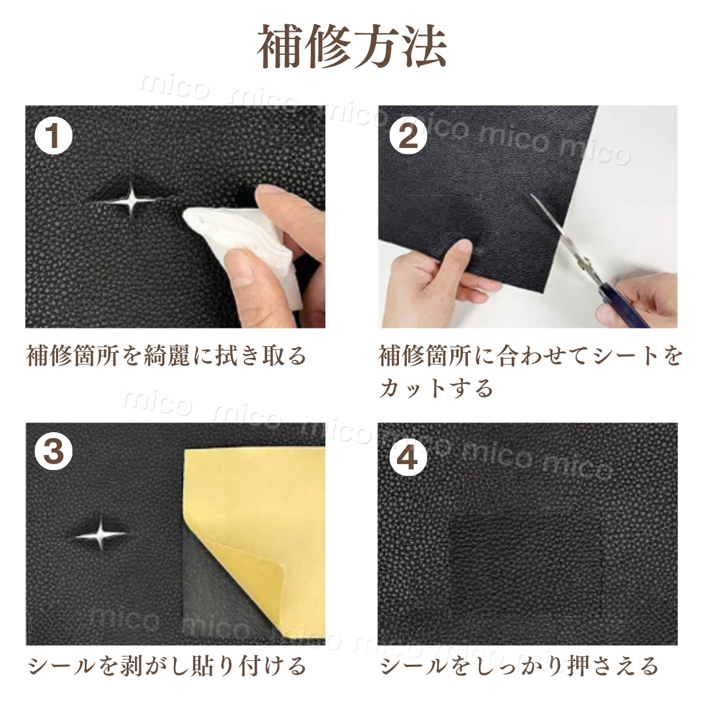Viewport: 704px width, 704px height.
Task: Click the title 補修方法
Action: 352,47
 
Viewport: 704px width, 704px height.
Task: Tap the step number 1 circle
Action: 54,136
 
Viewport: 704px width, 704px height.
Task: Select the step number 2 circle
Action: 407,136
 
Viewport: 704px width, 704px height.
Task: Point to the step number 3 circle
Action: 54,452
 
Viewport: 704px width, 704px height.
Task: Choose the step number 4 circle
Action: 407,458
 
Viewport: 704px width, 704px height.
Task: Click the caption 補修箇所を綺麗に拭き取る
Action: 167,356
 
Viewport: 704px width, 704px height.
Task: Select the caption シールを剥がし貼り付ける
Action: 167,666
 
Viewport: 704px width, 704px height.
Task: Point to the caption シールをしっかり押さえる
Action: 520,666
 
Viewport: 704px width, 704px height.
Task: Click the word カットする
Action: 436,387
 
